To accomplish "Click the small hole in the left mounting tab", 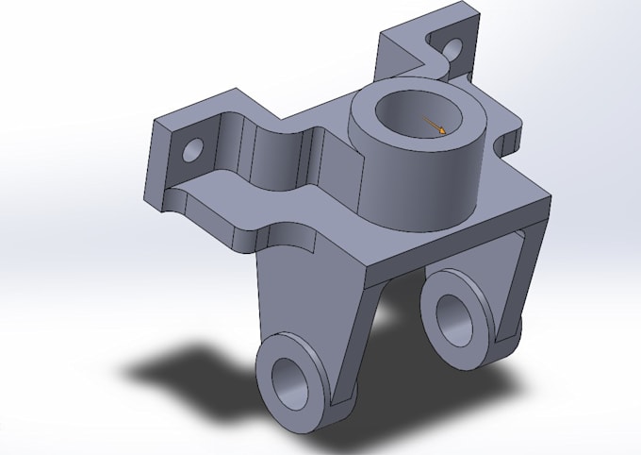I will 194,148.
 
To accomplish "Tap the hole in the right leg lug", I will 452,317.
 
